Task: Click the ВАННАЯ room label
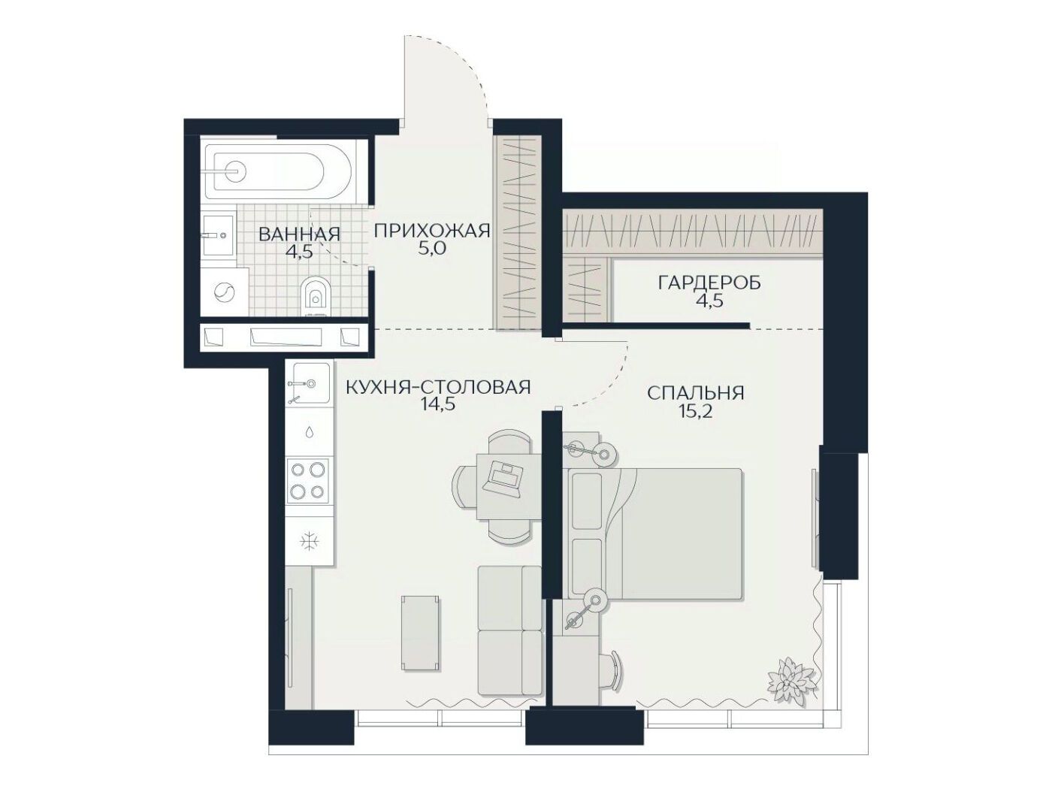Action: coord(299,234)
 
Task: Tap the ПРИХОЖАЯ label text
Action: coord(432,231)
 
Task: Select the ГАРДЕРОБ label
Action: coord(709,283)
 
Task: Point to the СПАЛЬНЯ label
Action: coord(695,393)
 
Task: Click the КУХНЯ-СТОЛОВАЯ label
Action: coord(438,386)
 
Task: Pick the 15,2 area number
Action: coord(695,412)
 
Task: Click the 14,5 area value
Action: coord(437,405)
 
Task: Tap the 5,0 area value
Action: coord(431,249)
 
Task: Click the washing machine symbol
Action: coord(224,292)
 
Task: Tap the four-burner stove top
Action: coord(308,480)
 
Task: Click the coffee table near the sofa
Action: coord(420,633)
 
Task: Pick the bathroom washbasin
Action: coord(218,234)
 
